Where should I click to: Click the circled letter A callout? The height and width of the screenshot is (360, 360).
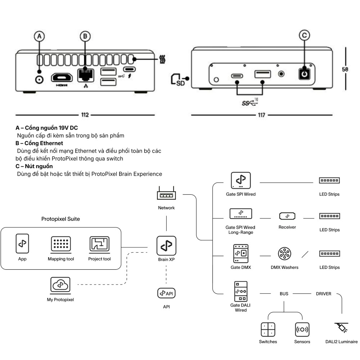[40, 36]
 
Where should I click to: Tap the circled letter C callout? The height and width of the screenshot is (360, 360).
[304, 35]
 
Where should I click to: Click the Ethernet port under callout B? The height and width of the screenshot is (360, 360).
[85, 75]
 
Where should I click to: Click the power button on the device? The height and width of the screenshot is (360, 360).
[305, 73]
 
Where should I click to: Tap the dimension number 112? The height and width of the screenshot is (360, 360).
[85, 115]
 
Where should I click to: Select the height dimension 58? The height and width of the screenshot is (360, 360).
[345, 69]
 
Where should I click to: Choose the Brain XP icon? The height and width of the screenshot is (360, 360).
[166, 246]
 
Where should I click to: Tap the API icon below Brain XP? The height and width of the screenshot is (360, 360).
[166, 293]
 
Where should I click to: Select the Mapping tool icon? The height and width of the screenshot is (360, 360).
[61, 245]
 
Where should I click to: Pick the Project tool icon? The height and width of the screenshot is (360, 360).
[99, 245]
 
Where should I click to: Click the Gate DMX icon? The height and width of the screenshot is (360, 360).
[241, 253]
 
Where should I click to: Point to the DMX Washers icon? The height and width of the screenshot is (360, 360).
[284, 253]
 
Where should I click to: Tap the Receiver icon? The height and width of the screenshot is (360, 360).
[287, 216]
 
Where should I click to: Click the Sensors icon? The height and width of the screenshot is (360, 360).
[302, 329]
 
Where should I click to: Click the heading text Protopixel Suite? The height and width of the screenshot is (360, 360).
[60, 219]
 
